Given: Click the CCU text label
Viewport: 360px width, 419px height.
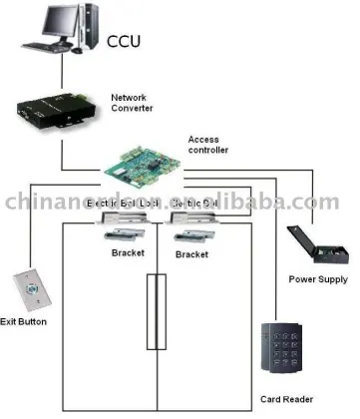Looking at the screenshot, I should coord(125,41).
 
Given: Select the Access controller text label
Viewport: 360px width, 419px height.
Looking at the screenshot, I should coord(208,145).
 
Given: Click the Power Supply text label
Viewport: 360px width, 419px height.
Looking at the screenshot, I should coord(317,280).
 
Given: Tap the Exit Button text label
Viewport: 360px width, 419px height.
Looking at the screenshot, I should coord(23,322).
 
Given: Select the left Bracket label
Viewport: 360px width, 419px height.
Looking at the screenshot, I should coord(129,254).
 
